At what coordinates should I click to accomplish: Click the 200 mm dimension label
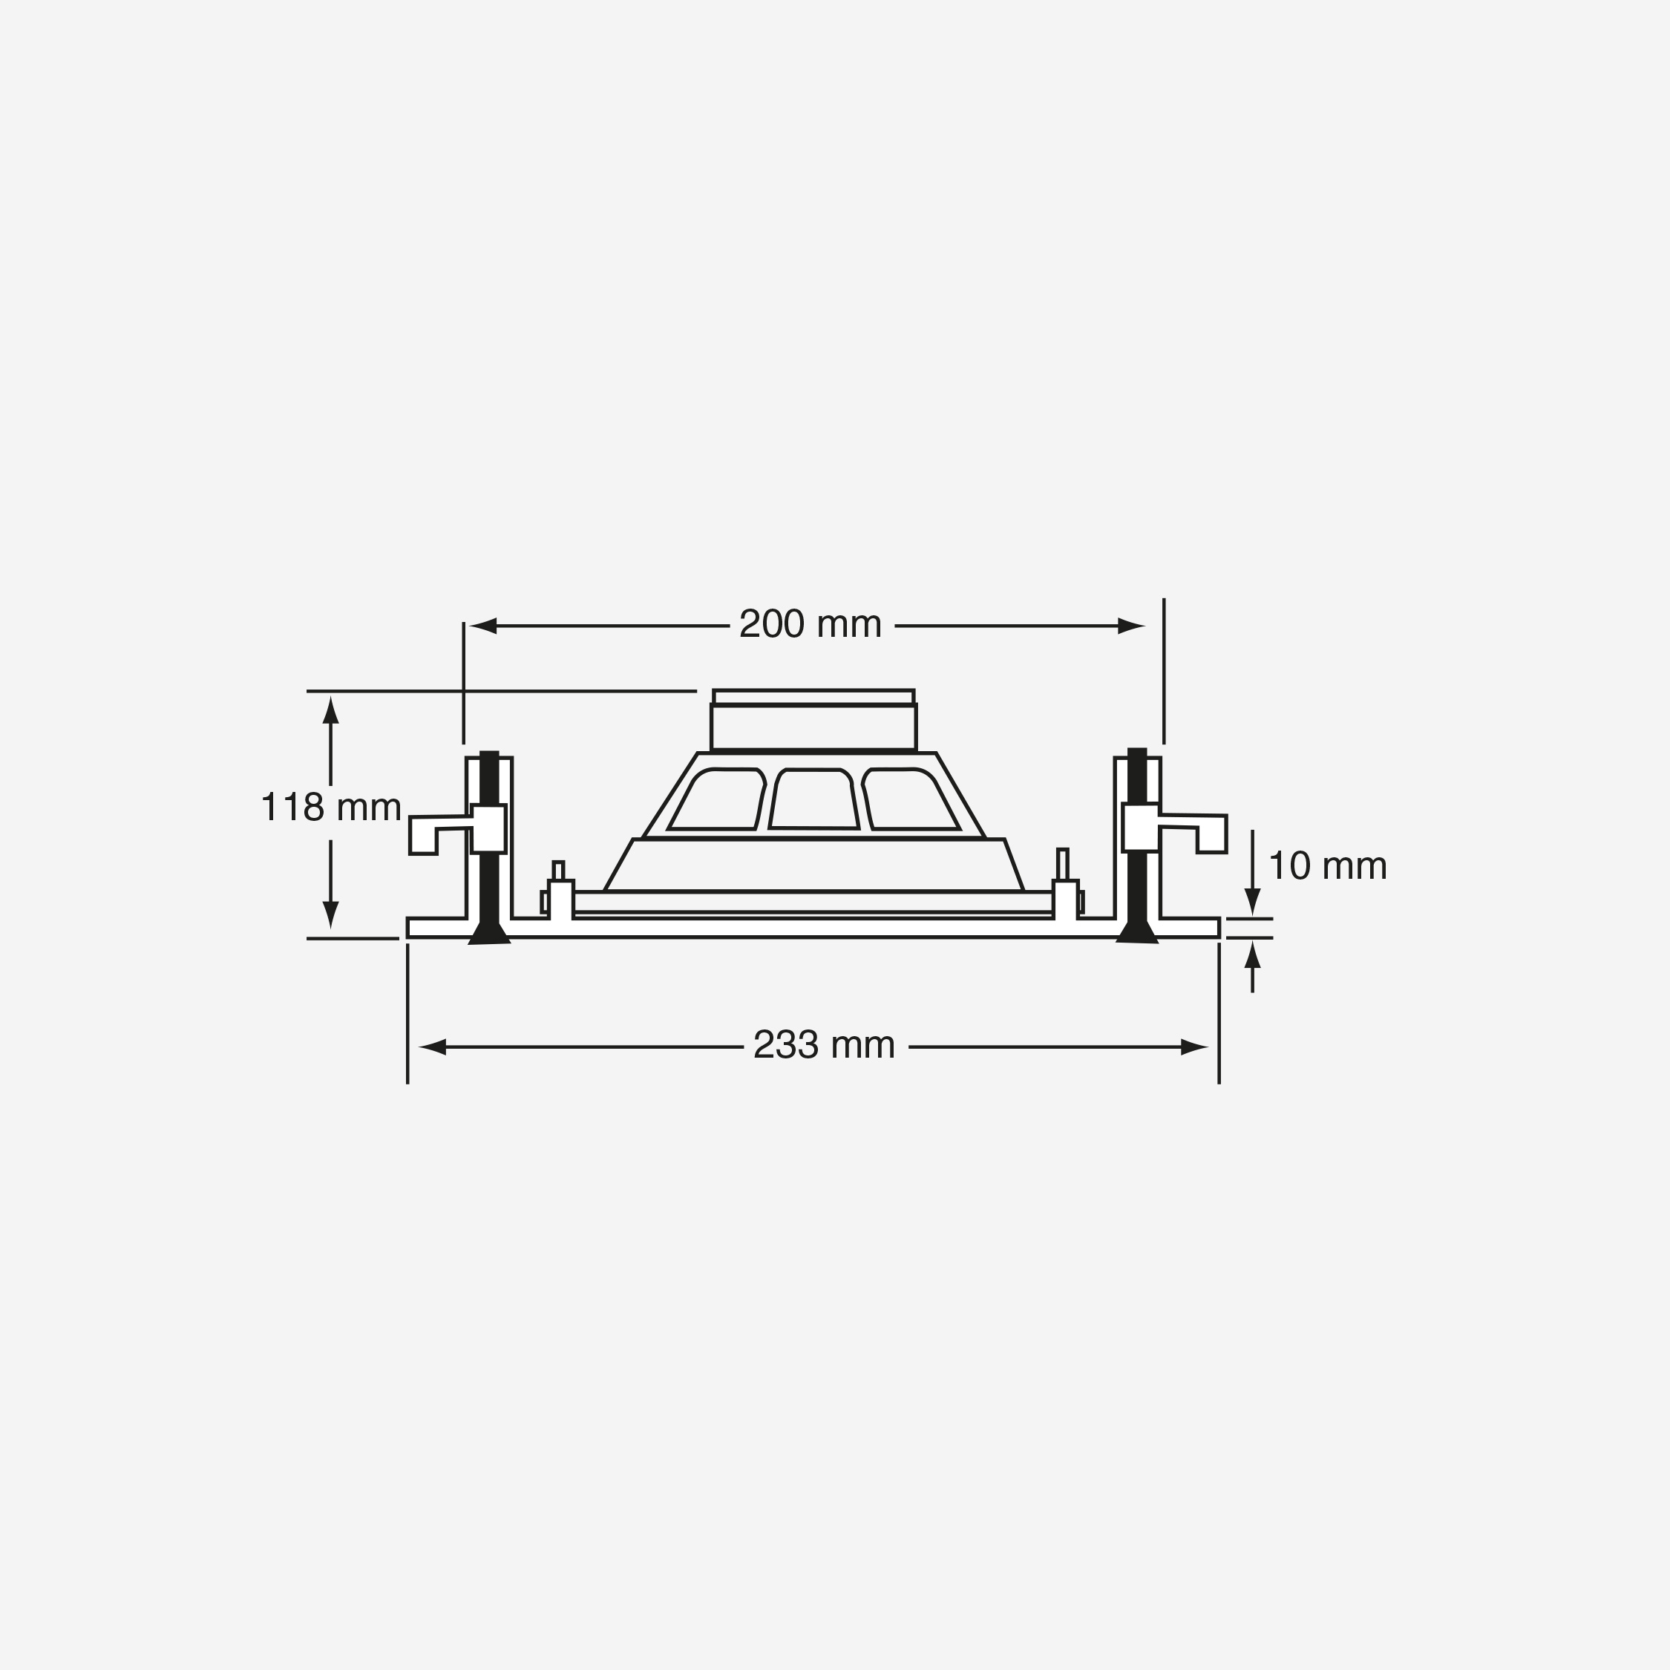coord(810,625)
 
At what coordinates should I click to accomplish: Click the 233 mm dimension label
coord(824,1045)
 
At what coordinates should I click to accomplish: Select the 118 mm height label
coord(331,808)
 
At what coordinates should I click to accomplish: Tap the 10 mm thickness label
coord(1328,866)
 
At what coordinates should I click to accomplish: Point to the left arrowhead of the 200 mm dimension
coord(483,626)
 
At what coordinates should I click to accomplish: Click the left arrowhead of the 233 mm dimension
coord(432,1047)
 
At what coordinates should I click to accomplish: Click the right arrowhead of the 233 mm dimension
coord(1193,1047)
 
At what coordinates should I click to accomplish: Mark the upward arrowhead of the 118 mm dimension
coord(330,710)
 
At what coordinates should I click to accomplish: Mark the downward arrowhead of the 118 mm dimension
coord(330,914)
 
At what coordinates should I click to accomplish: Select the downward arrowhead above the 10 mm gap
coord(1251,901)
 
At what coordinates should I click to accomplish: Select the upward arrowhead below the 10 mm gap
coord(1251,955)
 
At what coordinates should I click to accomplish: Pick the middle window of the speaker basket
coord(813,799)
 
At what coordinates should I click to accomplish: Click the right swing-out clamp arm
coord(1202,830)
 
